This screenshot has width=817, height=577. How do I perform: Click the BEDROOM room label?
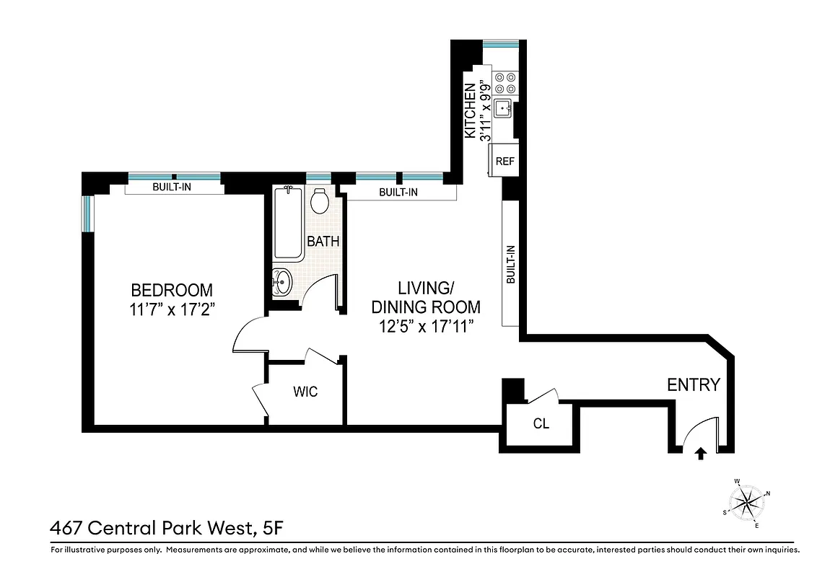tap(172, 290)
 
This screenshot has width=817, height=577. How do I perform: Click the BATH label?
tap(323, 242)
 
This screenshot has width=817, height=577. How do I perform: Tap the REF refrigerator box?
tap(504, 161)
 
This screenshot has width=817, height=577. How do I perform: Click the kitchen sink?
tap(503, 107)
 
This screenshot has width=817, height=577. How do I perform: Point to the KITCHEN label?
tap(470, 111)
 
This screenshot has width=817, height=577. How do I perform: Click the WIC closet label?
tap(305, 392)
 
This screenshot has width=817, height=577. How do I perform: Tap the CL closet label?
tap(541, 424)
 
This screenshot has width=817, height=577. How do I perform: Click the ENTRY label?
tap(693, 385)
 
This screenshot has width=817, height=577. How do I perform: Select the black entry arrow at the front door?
tap(699, 453)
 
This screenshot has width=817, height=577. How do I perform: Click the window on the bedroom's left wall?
tap(87, 213)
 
